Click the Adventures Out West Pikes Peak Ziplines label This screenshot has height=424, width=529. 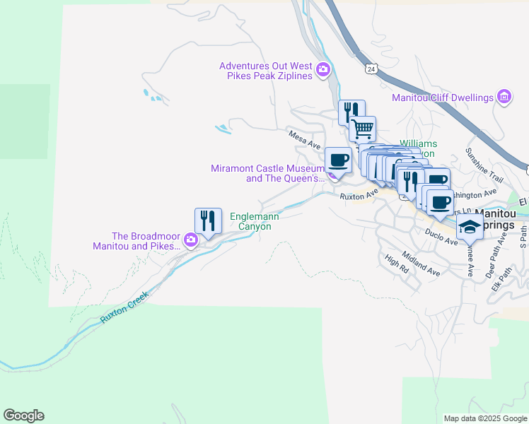[x=266, y=71]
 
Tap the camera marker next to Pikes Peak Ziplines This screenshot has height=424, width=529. [x=323, y=69]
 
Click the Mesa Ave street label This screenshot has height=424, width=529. [x=304, y=139]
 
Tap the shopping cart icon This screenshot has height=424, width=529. [x=362, y=129]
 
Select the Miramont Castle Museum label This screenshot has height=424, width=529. [x=267, y=173]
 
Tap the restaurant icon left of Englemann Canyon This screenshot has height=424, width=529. [x=207, y=220]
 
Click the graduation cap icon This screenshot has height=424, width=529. [x=469, y=228]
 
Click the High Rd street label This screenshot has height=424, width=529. [x=397, y=265]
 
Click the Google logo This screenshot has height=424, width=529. [x=23, y=416]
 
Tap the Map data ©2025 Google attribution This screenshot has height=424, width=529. [x=484, y=418]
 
